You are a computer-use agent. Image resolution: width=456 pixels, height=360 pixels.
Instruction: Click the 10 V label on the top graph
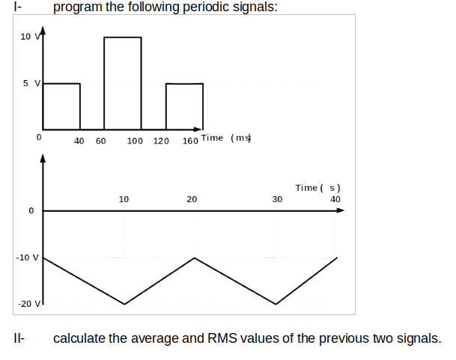(27, 37)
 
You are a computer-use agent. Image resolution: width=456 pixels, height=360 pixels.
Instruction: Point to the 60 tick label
(100, 140)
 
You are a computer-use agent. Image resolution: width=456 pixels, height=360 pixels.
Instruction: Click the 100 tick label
(136, 140)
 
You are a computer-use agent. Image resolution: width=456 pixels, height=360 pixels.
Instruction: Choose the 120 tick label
(161, 140)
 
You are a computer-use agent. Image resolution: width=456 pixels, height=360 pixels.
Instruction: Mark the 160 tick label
(190, 140)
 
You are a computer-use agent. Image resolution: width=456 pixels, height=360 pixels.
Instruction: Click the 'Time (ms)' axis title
(227, 138)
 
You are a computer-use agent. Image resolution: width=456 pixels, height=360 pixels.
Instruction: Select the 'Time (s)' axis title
(317, 188)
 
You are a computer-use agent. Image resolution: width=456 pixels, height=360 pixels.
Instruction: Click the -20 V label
(27, 304)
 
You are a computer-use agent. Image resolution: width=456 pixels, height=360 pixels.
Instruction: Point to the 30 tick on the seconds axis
(277, 200)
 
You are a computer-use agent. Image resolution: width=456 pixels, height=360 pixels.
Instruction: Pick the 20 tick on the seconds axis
(192, 200)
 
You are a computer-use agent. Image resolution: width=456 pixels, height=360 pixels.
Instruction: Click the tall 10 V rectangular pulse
(122, 82)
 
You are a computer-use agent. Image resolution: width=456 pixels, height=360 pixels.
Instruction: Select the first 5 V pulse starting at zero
(61, 105)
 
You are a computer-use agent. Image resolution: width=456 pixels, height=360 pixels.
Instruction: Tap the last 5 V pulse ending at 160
(184, 105)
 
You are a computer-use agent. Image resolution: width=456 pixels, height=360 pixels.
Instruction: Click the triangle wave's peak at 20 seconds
(195, 258)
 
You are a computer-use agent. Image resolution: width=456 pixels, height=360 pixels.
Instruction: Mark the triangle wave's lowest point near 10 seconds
(124, 304)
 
